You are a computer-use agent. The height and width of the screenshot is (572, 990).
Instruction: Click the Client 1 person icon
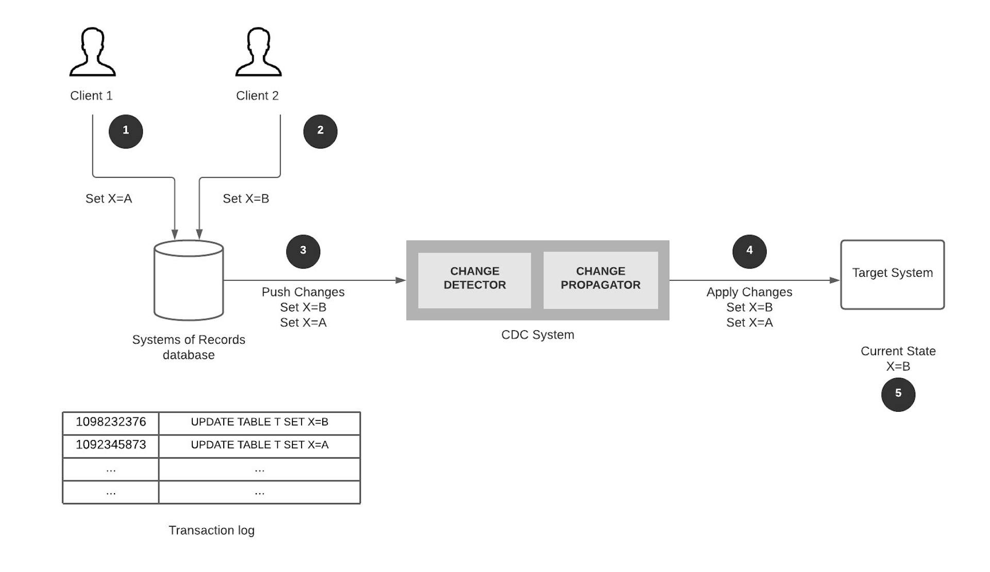(x=93, y=53)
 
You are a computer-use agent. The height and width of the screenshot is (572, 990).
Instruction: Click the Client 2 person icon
(x=258, y=53)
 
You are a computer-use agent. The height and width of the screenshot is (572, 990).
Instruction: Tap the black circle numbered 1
(x=126, y=131)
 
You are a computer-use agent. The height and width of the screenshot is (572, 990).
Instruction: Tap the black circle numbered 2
(x=320, y=131)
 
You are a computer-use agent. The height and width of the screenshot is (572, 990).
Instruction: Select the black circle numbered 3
(x=303, y=251)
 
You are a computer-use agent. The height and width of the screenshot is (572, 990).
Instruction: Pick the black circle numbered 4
(x=749, y=251)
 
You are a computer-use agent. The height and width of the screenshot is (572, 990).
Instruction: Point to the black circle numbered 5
(x=898, y=394)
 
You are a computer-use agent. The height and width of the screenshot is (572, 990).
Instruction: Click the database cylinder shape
(x=189, y=281)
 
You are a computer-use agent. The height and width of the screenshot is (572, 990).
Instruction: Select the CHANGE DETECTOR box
(x=474, y=280)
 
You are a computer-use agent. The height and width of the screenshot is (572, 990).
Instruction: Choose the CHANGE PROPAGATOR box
(x=600, y=280)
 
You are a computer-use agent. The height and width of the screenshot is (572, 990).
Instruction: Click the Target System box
(x=892, y=274)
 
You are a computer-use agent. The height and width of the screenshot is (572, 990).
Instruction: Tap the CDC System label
(x=537, y=335)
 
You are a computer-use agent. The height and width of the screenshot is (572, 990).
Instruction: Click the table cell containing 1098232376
(x=111, y=423)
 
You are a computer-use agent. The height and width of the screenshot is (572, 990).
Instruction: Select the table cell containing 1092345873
(x=111, y=445)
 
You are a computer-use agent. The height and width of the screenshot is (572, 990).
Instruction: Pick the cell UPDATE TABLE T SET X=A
(x=259, y=445)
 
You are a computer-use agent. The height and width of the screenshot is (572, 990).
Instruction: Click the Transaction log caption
(x=211, y=530)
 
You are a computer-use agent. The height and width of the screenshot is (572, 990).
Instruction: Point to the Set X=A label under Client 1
(x=109, y=199)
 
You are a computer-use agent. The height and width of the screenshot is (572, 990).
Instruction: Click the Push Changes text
(x=303, y=292)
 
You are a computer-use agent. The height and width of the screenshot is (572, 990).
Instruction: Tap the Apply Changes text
(x=749, y=292)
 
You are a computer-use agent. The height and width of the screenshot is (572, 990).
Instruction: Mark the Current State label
(x=898, y=351)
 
